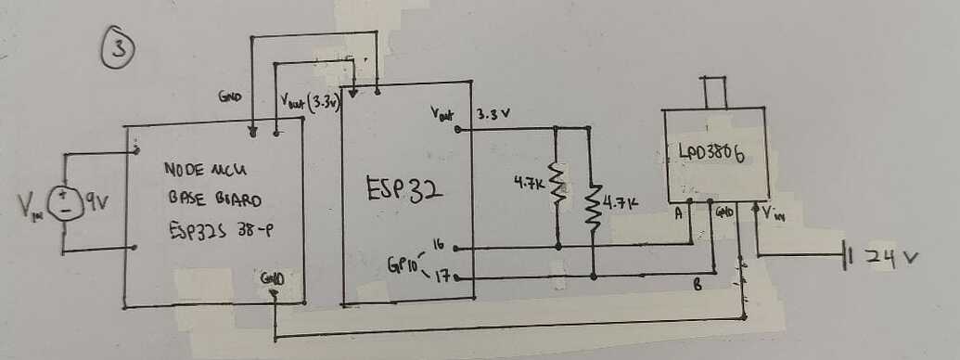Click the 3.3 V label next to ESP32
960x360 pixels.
[493, 115]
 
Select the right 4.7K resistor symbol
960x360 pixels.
[593, 205]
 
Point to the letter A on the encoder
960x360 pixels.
[679, 212]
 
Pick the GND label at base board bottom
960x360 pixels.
[274, 276]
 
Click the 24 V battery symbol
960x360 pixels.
[845, 255]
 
